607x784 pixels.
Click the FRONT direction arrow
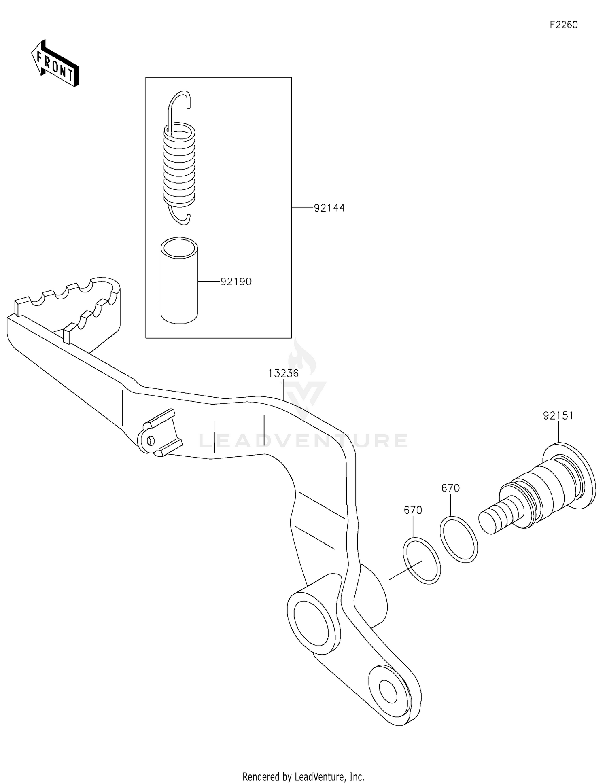tap(55, 64)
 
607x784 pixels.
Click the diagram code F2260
tap(563, 25)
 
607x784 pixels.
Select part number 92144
tap(329, 208)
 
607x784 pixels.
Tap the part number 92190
tap(236, 282)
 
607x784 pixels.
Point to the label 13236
tap(283, 373)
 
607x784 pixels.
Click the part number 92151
tap(558, 416)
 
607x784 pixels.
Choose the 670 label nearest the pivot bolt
tap(450, 488)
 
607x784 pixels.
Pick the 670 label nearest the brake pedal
tap(413, 511)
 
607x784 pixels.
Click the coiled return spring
tap(179, 166)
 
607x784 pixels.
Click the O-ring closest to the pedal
tap(422, 561)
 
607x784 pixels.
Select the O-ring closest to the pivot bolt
tap(458, 540)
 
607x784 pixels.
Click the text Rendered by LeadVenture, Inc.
tap(303, 776)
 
